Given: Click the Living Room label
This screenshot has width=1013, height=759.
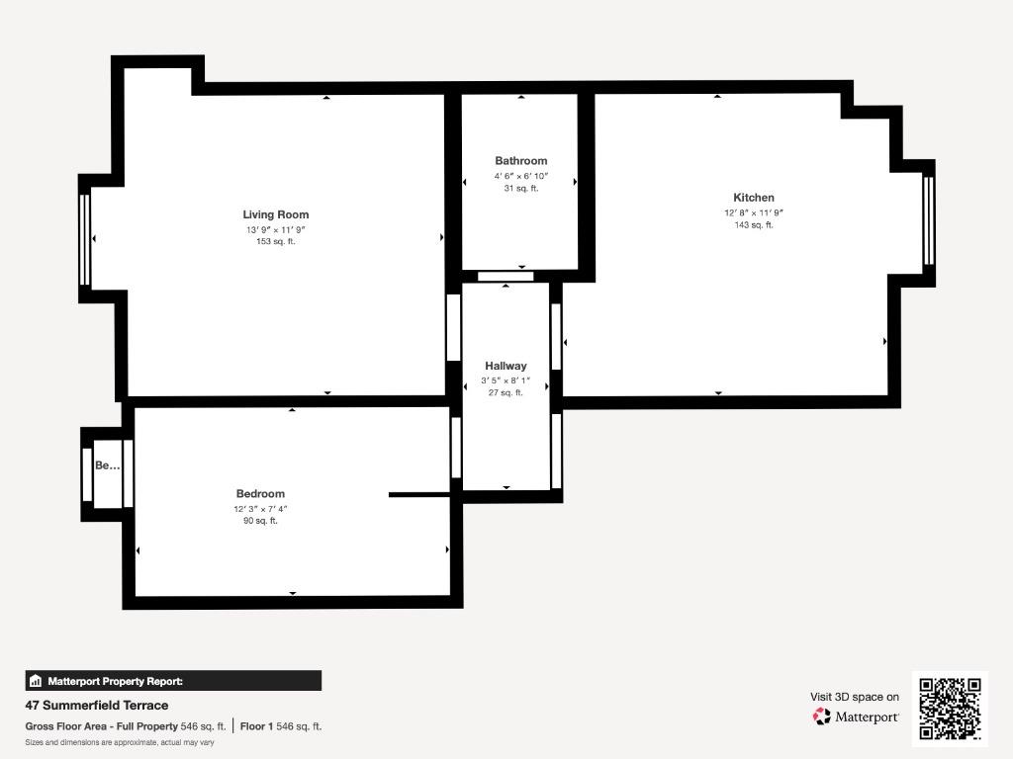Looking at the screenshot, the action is (x=276, y=214).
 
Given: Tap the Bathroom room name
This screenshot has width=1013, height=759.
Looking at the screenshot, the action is (x=521, y=161).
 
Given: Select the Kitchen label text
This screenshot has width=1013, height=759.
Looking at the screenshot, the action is (x=753, y=198).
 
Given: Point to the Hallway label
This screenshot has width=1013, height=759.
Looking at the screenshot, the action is (x=506, y=366).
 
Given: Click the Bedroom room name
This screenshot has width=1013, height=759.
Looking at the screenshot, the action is (x=260, y=494).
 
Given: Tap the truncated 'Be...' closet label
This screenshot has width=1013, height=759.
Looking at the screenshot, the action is (x=107, y=464).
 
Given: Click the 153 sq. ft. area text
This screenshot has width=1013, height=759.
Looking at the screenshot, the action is (x=276, y=241).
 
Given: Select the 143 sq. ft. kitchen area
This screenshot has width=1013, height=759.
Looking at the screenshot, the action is (x=753, y=224).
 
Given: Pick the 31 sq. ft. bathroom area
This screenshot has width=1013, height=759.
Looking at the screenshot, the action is (x=521, y=189).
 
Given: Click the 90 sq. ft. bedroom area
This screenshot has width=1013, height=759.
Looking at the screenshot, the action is (x=260, y=521).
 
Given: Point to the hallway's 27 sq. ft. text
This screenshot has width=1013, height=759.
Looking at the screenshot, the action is (x=506, y=392).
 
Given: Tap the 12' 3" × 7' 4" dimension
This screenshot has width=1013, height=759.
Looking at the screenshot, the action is (x=260, y=509).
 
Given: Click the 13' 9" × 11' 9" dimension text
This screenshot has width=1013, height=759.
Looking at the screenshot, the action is (x=276, y=229).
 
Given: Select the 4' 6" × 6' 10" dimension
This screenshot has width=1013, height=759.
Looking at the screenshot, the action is (x=521, y=176).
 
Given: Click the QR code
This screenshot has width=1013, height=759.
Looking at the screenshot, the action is (x=950, y=709).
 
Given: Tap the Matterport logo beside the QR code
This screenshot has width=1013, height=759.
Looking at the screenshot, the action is (x=856, y=717).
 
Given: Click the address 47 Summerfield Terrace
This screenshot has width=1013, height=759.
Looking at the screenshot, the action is (x=97, y=706).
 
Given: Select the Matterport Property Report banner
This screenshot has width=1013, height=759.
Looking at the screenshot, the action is (x=173, y=681).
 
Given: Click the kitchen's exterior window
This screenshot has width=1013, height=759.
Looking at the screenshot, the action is (x=928, y=220).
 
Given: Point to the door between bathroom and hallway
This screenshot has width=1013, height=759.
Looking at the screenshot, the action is (x=506, y=277).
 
